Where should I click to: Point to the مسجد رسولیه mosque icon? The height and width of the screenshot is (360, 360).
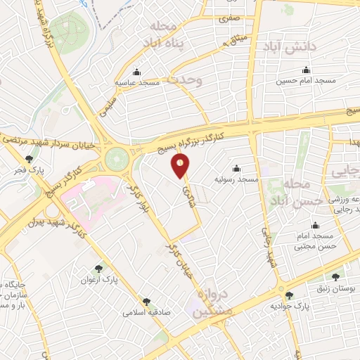(236, 168)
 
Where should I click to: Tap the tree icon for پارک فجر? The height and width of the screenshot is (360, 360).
(29, 159)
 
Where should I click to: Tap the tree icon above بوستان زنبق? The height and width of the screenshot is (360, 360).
(335, 276)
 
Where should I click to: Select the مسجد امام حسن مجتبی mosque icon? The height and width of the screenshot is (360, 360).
(315, 226)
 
